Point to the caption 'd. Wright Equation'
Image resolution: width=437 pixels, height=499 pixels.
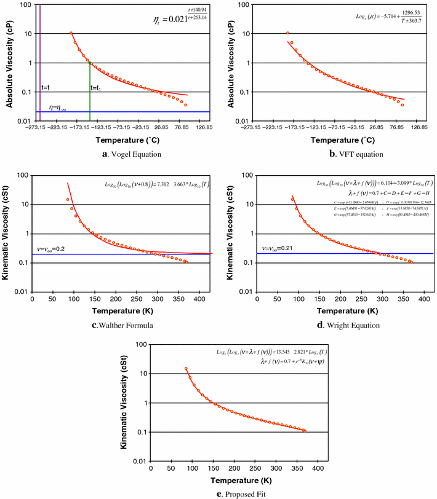pos(336,324)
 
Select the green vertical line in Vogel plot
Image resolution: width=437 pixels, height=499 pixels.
pos(90,92)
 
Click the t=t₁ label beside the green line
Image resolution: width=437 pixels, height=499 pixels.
pos(97,88)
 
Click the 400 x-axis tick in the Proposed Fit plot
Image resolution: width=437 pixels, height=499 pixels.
pos(318,468)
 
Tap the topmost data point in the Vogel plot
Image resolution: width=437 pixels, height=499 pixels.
pos(71,33)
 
